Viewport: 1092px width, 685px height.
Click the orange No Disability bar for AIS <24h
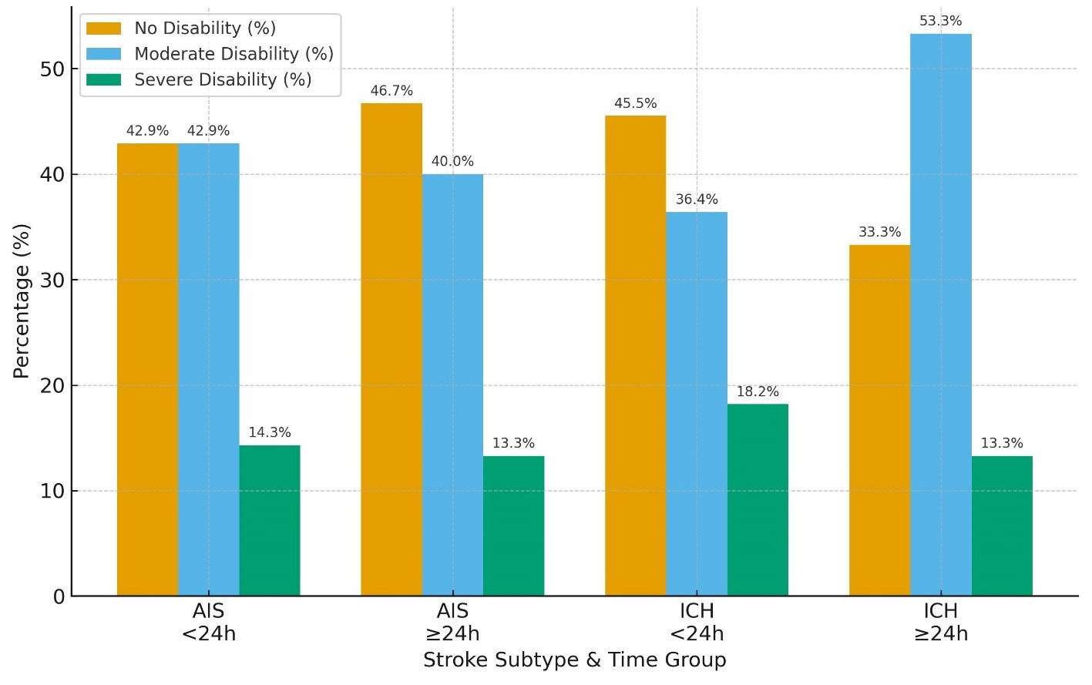147,369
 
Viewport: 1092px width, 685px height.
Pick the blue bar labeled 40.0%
452,384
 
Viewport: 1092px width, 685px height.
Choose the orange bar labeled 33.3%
879,420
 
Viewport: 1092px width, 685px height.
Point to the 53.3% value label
940,22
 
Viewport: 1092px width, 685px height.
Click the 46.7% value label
391,91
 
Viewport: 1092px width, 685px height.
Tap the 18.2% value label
758,391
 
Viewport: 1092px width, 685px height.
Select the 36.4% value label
697,200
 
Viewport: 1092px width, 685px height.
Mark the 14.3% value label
269,433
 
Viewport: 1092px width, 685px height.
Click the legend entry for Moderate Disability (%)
234,54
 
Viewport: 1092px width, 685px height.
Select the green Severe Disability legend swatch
103,80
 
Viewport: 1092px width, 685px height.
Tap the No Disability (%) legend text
205,29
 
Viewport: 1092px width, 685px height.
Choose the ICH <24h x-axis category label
697,623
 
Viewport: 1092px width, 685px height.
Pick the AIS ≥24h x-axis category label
452,623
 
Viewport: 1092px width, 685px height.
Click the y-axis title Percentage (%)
21,301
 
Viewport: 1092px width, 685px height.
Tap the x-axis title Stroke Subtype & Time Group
574,660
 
